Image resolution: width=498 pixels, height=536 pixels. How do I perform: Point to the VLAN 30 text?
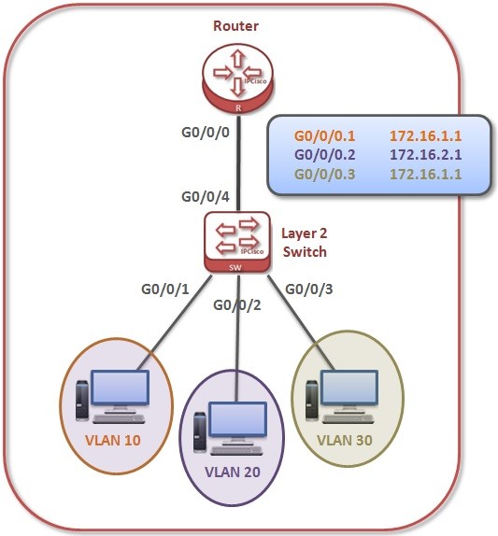point(348,439)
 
